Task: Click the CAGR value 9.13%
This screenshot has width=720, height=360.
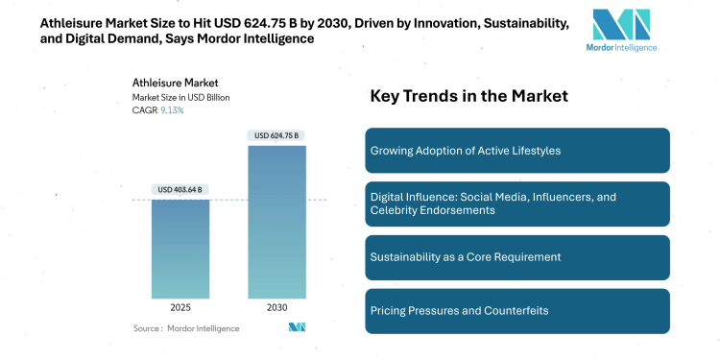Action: tap(173, 110)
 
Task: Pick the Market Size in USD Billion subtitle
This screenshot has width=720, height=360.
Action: tap(181, 97)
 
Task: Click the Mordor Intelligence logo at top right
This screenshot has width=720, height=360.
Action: tap(621, 31)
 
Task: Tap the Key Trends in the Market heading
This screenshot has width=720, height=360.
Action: tap(469, 96)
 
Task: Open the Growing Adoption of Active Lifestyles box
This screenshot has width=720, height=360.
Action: tap(517, 151)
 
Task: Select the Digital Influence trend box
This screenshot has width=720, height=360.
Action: tap(517, 204)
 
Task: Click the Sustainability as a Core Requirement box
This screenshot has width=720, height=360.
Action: tap(517, 257)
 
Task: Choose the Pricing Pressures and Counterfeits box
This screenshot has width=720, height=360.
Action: tap(517, 311)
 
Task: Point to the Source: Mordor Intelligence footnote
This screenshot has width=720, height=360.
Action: tap(186, 328)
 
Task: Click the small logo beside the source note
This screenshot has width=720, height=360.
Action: tap(297, 328)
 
